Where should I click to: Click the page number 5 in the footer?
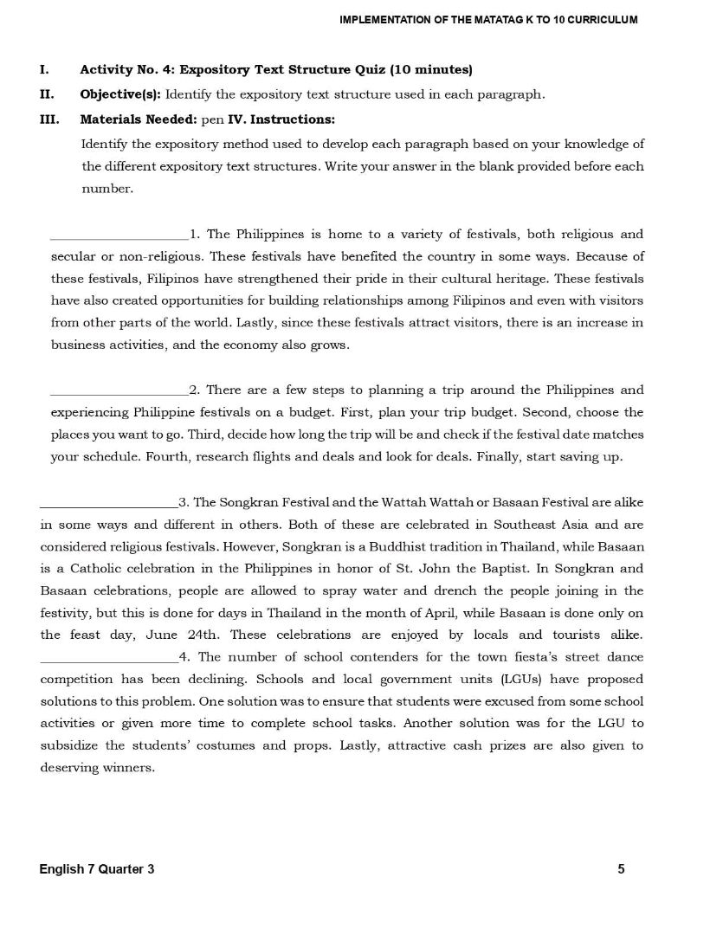coord(621,869)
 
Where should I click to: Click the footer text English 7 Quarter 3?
coord(97,869)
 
